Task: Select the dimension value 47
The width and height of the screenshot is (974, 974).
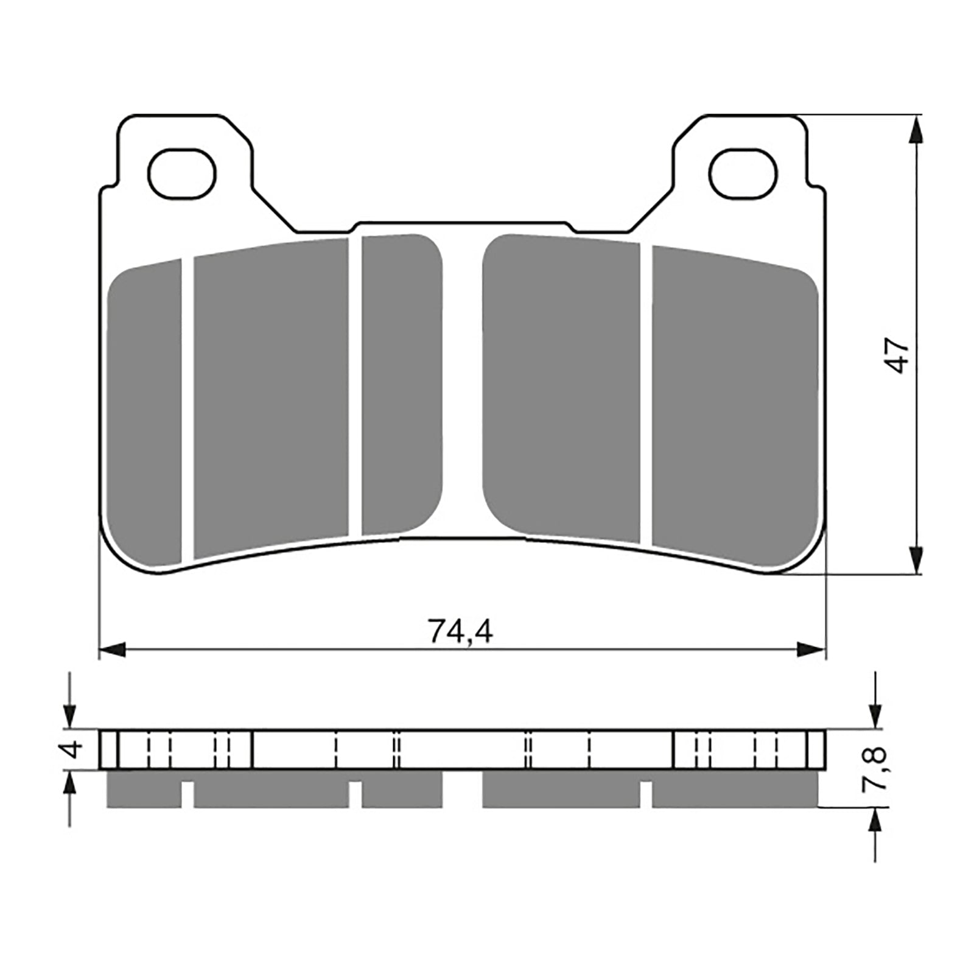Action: point(900,356)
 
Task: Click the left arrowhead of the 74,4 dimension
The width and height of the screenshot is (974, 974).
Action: point(112,650)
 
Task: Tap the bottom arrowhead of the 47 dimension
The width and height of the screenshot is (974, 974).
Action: point(916,559)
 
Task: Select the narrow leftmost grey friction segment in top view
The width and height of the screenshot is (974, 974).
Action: point(144,414)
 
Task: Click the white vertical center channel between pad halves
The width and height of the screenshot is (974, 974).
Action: point(463,384)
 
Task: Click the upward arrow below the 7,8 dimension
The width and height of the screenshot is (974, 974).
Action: point(875,822)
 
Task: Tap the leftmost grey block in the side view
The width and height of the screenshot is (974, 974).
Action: point(144,790)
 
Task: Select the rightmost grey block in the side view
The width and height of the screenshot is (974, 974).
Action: point(734,790)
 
